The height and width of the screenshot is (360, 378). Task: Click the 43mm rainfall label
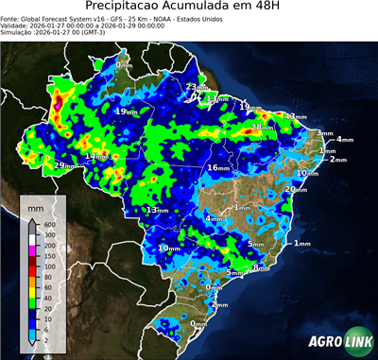coord(296,117)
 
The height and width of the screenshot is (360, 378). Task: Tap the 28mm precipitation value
coord(262,127)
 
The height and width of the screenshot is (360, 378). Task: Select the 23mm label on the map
coord(196,88)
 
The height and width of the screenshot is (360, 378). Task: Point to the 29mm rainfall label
coord(65,166)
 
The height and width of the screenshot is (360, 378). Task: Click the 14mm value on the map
coord(96,156)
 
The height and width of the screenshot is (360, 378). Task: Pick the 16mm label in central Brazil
coord(218,167)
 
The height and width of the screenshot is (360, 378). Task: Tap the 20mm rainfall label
coord(296,189)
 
